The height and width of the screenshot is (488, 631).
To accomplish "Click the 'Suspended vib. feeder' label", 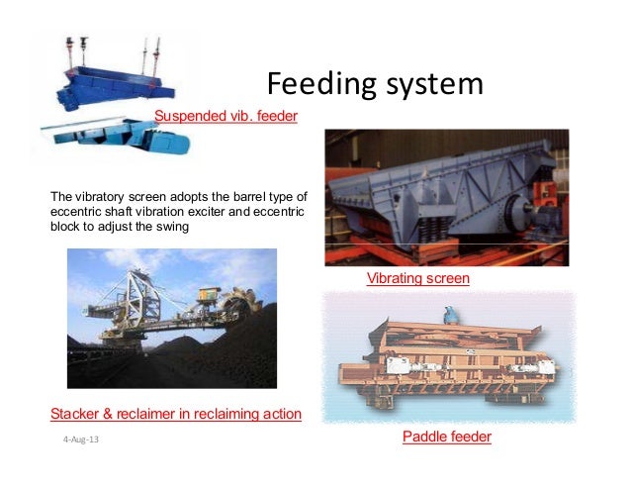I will click(x=225, y=118).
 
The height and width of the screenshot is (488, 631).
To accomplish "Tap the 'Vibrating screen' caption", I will click(x=417, y=279).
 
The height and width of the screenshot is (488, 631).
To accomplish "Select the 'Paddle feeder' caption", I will click(x=447, y=437).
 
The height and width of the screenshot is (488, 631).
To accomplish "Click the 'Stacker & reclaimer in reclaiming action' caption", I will click(x=175, y=413).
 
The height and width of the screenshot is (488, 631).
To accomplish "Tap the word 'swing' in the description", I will click(x=170, y=226).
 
